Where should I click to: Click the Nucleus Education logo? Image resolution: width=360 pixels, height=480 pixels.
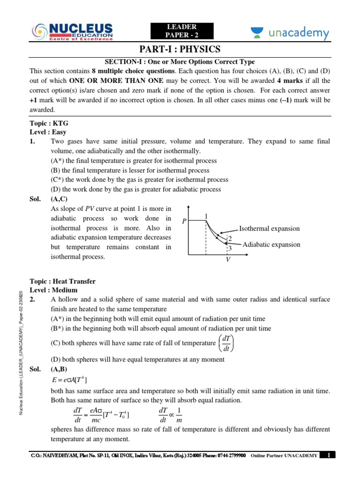point(72,32)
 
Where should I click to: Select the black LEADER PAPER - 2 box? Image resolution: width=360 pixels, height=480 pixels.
point(181,31)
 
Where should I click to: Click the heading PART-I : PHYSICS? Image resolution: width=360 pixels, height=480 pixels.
point(180,50)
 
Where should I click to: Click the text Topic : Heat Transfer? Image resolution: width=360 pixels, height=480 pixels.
point(62,281)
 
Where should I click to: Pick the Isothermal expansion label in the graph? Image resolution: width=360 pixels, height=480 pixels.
point(269,229)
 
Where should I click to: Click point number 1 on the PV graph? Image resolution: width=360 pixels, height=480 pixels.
point(205,216)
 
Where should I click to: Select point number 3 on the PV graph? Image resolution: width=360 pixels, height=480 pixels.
point(230,248)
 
